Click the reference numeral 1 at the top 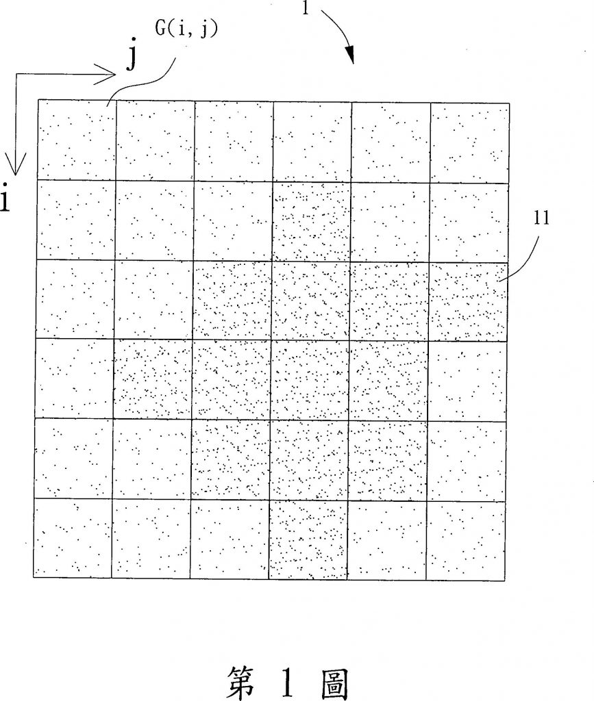(x=306, y=8)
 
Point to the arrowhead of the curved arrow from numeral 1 (x=351, y=55)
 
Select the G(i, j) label (x=186, y=29)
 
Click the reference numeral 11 (x=541, y=218)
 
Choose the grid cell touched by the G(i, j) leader (x=77, y=140)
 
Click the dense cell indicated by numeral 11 (x=468, y=302)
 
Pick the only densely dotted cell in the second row (x=312, y=221)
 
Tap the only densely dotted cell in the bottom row (x=308, y=539)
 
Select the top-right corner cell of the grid (x=470, y=143)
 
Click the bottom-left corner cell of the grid (x=73, y=538)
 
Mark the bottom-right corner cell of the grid (x=465, y=541)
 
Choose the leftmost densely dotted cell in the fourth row (x=153, y=379)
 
